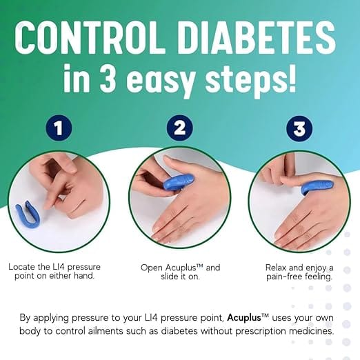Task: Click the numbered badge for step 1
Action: tap(61, 128)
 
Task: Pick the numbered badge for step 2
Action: tap(179, 128)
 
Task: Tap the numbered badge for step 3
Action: tap(299, 128)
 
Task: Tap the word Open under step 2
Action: tap(153, 267)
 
